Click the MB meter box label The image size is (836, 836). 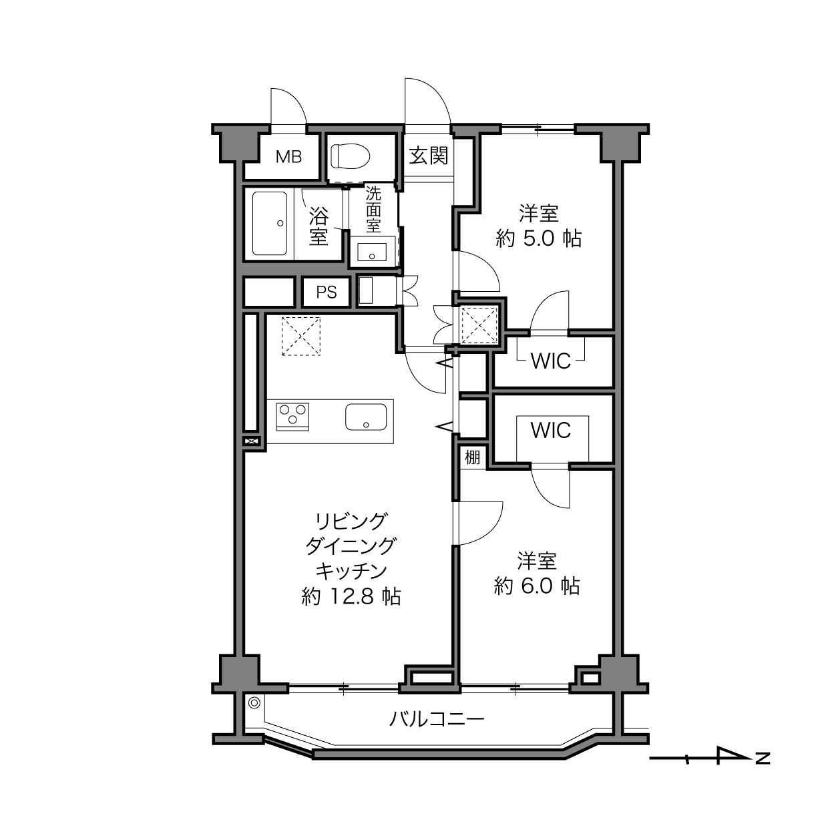288,157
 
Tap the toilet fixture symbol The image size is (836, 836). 350,156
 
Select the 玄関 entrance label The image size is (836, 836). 428,156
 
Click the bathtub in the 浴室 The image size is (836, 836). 269,224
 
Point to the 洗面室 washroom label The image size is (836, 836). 373,209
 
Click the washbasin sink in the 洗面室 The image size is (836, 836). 372,252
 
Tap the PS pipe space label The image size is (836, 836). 327,292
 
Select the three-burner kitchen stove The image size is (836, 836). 292,417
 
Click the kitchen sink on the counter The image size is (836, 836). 366,417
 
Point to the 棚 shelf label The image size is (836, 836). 473,457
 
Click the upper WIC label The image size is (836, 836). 550,361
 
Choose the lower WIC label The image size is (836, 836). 550,430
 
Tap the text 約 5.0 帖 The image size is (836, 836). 538,238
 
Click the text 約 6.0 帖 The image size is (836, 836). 537,586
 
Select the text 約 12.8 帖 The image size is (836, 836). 351,597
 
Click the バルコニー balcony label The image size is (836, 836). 437,719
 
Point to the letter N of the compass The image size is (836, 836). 763,758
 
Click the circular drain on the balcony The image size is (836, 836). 254,702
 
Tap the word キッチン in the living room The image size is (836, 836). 351,571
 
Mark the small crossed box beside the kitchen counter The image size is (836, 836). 252,441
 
